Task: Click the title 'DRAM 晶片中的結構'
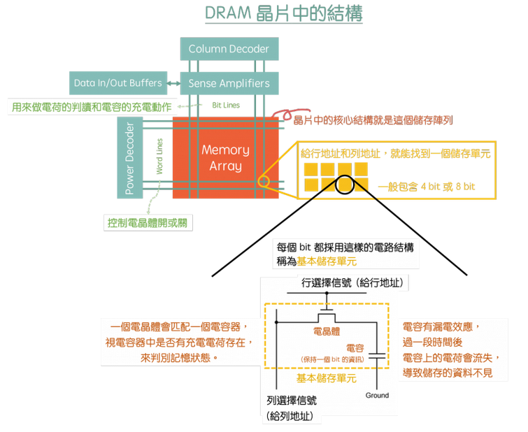tap(284, 15)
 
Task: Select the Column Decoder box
tap(229, 49)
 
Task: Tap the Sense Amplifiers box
tap(229, 84)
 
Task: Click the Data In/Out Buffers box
tap(117, 83)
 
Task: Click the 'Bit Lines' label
tap(225, 106)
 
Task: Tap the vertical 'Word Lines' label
tap(159, 156)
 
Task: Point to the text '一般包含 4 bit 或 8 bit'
tap(426, 187)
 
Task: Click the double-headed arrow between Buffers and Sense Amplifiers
tap(173, 83)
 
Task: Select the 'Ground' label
tap(376, 396)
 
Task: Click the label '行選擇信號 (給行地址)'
tap(352, 283)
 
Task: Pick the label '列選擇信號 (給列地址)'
tap(290, 408)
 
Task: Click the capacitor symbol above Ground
tap(376, 357)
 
